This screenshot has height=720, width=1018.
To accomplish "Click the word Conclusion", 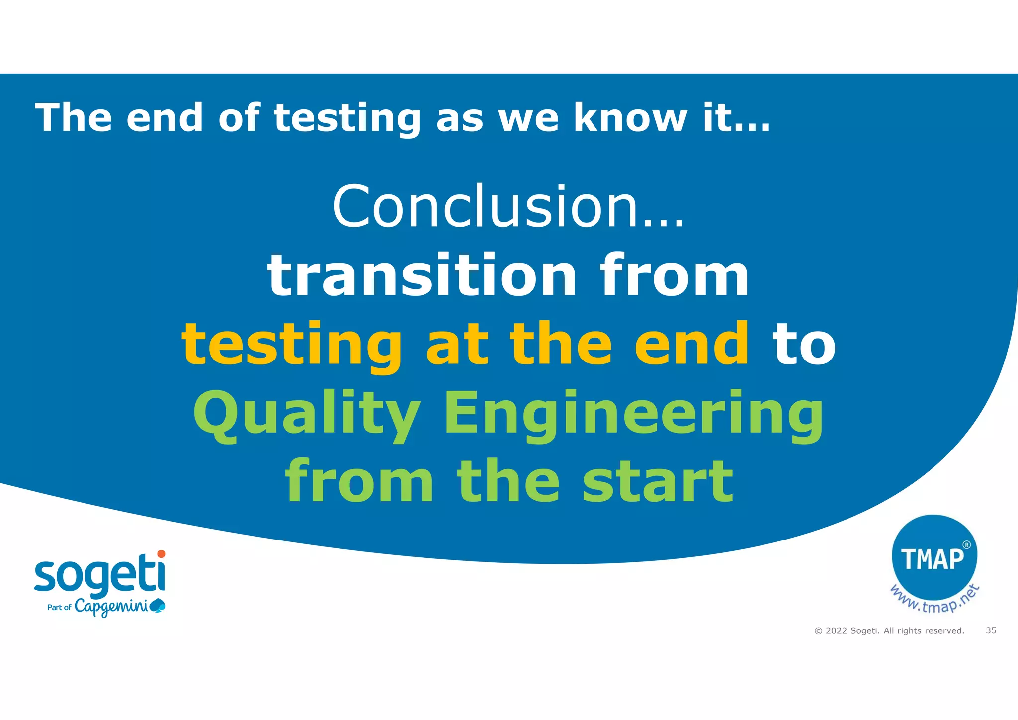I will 485,206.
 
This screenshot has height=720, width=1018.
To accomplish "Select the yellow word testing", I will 292,344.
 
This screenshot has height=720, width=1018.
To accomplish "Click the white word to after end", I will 804,344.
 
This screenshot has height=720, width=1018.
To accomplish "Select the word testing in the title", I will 347,118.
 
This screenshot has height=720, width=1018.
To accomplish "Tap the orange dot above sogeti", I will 161,554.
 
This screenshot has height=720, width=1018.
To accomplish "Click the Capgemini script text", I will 111,607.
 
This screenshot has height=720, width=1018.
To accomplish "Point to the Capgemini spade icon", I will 158,605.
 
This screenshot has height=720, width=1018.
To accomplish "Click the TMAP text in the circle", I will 932,559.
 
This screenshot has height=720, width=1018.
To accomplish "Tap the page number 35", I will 991,630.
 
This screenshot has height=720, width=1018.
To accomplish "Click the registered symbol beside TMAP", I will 966,545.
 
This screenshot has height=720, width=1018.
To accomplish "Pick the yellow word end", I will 691,344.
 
